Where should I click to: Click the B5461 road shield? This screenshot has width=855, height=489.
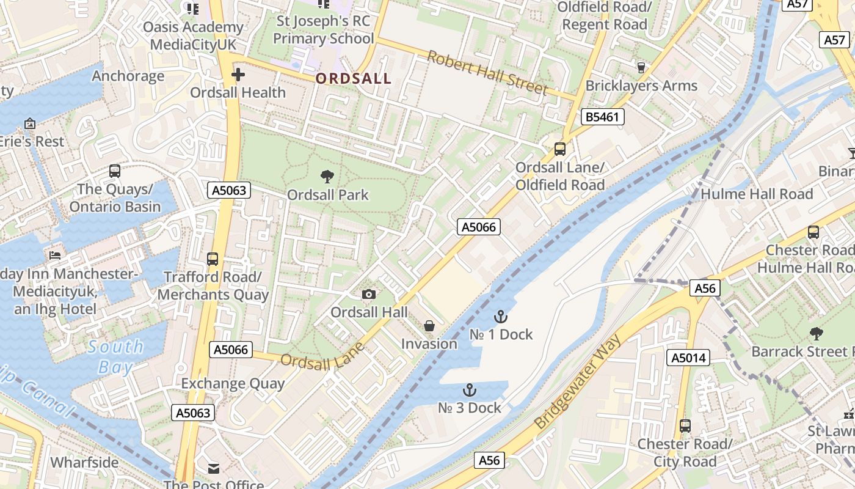point(603,117)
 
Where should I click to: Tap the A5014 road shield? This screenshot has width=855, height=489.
point(688,358)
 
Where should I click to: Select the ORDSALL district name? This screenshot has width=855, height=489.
point(354,78)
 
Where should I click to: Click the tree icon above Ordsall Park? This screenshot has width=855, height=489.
point(327,177)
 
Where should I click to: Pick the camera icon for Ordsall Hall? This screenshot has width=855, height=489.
point(368,295)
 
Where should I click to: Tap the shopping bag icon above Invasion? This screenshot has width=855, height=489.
point(429,326)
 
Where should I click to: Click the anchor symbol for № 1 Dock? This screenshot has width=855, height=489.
point(501,317)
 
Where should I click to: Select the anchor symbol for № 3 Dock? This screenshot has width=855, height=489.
point(469,390)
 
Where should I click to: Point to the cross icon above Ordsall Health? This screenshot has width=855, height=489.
point(238,75)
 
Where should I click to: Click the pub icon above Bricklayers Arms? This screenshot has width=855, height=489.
point(641,67)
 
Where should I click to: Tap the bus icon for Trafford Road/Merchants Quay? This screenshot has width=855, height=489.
point(213,259)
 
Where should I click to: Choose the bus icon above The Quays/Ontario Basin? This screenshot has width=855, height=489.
point(115,171)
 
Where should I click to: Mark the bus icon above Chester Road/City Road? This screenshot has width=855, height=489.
point(685,426)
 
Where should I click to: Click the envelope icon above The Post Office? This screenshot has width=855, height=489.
point(213,468)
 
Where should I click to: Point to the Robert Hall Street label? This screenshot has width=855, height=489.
point(487,73)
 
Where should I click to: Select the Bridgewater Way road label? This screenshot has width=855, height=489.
point(577,382)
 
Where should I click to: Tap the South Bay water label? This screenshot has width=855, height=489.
point(116,357)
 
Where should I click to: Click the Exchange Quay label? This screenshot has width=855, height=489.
point(233,384)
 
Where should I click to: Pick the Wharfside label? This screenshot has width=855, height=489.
point(84,462)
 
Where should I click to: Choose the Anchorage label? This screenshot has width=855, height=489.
point(128,76)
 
